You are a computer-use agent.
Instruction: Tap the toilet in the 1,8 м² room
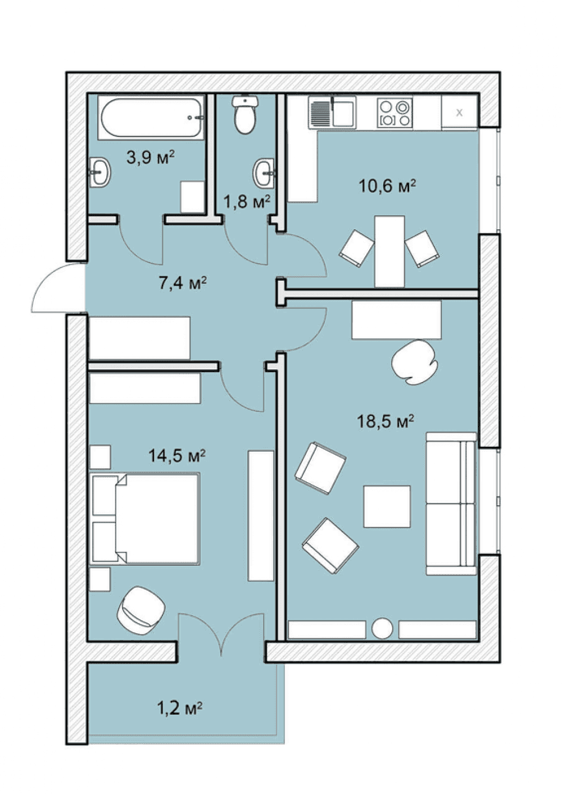(x=244, y=115)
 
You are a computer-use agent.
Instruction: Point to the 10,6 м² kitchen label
(x=387, y=186)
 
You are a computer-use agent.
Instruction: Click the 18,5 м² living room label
(x=386, y=421)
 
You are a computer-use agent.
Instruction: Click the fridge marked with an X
(x=459, y=113)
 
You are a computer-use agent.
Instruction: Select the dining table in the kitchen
(x=389, y=251)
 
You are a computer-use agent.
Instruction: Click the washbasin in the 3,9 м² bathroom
(x=101, y=172)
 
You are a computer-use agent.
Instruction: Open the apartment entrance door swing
(x=58, y=288)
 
